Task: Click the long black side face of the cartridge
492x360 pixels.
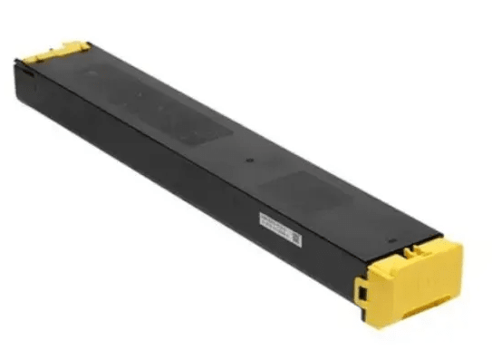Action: tap(181, 181)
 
